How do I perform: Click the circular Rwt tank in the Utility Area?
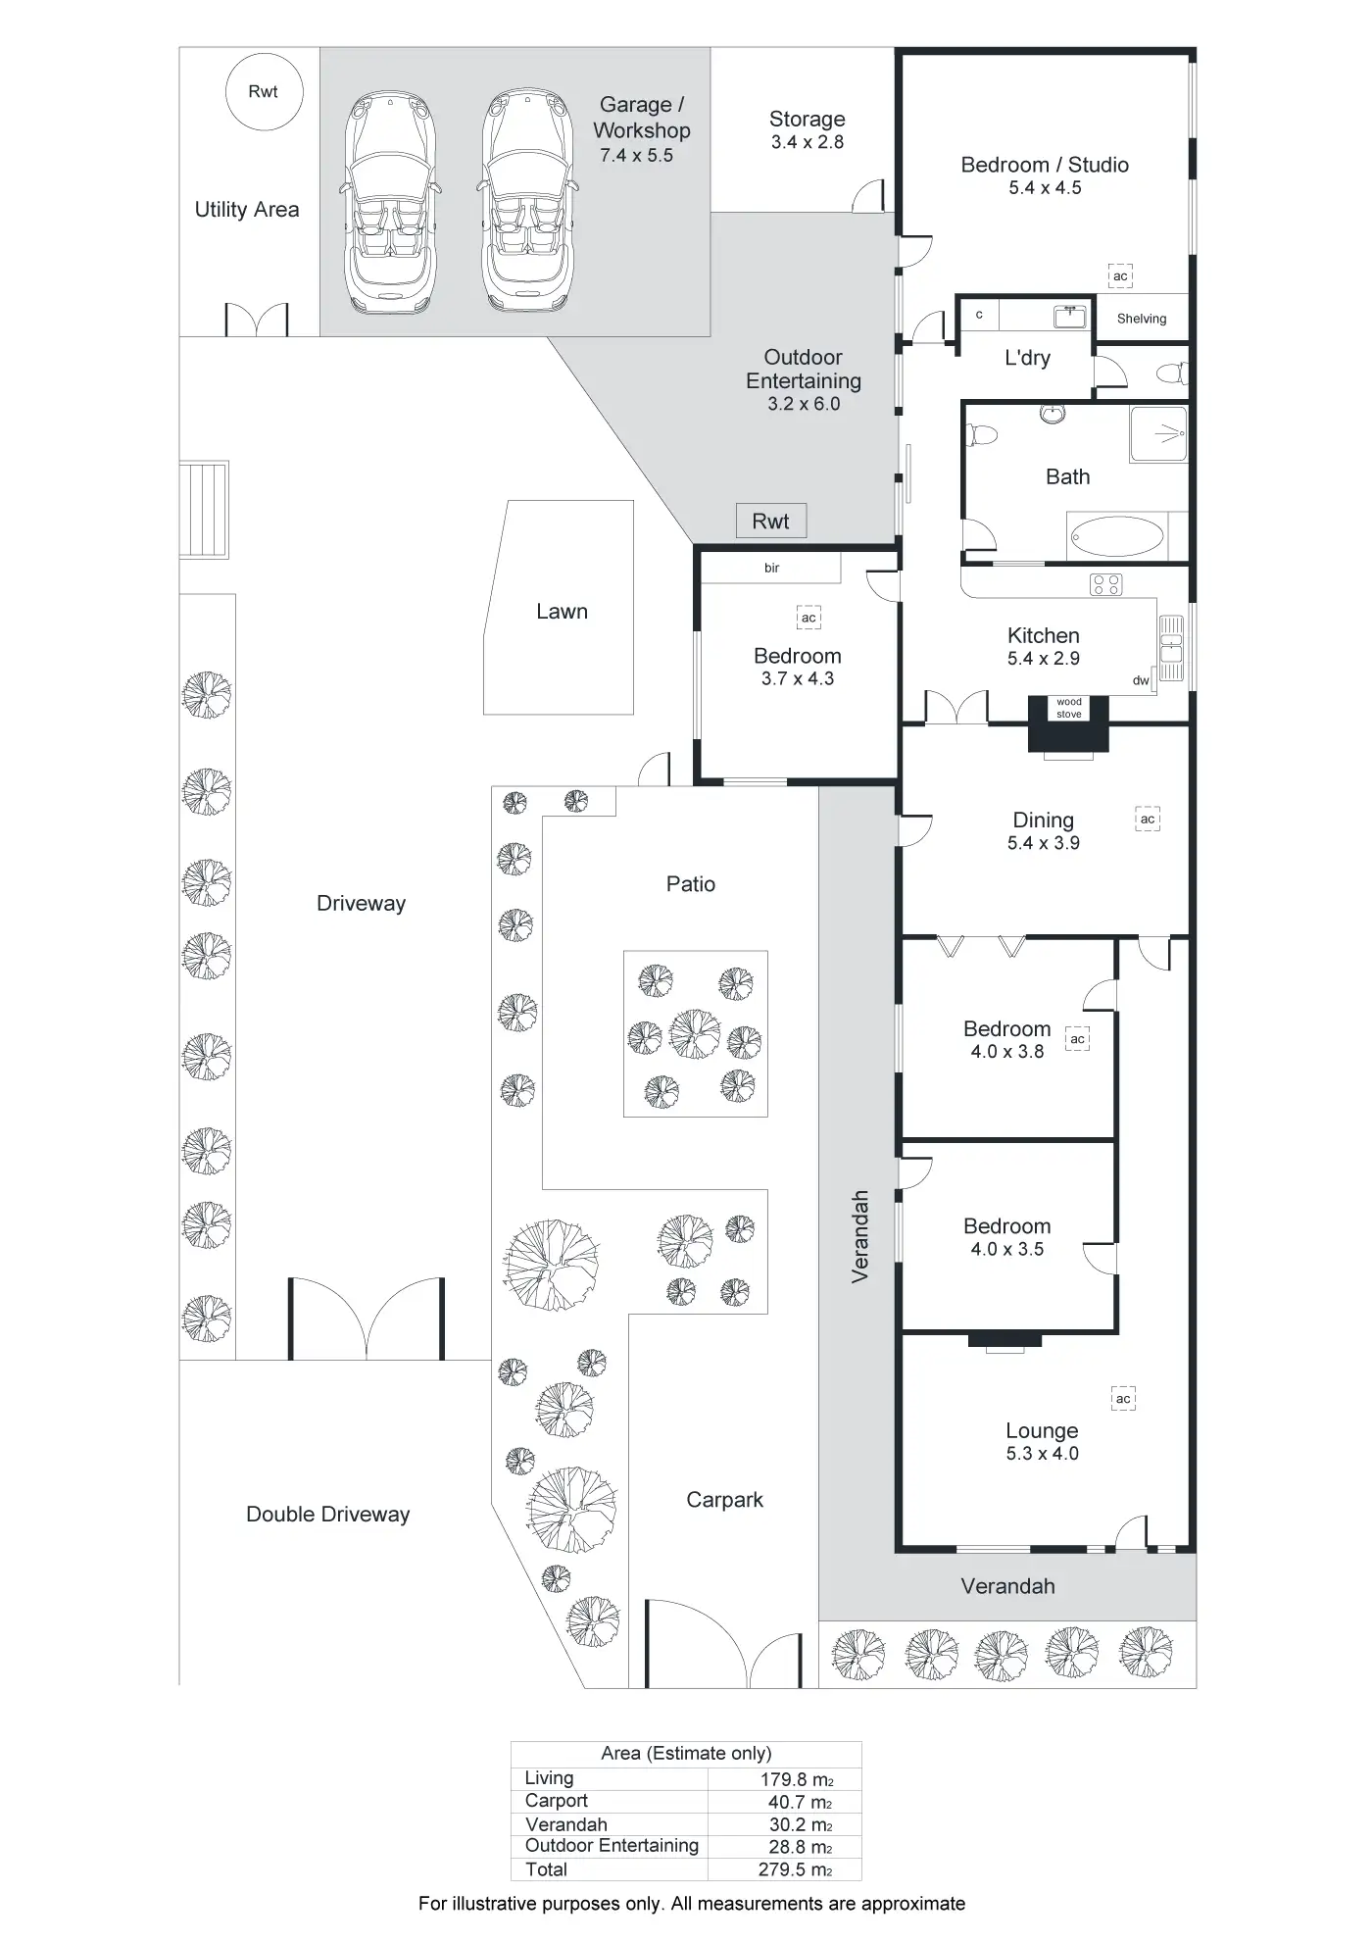(x=264, y=92)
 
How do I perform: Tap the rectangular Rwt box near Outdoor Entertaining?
(x=771, y=522)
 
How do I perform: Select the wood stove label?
(x=1069, y=708)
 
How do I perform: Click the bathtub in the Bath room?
(x=1117, y=536)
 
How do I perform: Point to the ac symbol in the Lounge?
(x=1123, y=1399)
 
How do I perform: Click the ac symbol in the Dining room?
(x=1148, y=819)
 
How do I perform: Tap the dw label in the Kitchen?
(x=1141, y=680)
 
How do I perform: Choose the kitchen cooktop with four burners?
(x=1106, y=585)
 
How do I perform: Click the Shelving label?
(x=1142, y=319)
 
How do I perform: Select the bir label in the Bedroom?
(x=772, y=569)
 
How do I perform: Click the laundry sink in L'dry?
(x=1068, y=316)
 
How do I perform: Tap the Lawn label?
(x=562, y=612)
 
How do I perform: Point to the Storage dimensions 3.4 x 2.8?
(x=807, y=142)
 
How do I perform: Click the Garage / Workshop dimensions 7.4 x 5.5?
(x=637, y=155)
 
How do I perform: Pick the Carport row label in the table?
(x=557, y=1801)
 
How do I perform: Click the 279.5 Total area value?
(x=795, y=1869)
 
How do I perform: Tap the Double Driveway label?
(x=328, y=1515)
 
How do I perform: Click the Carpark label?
(x=724, y=1500)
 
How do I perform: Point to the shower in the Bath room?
(x=1158, y=432)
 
